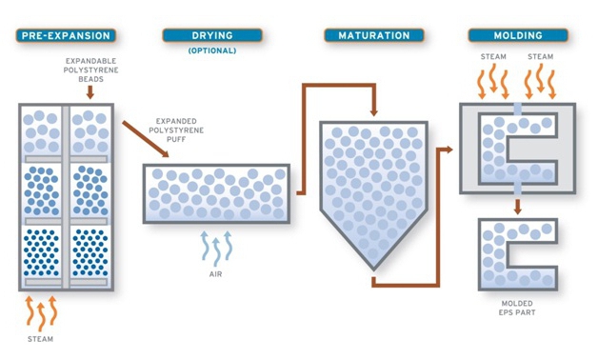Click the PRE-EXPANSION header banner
(x=66, y=36)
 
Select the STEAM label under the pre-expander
(x=40, y=338)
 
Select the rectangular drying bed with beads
(x=215, y=193)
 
